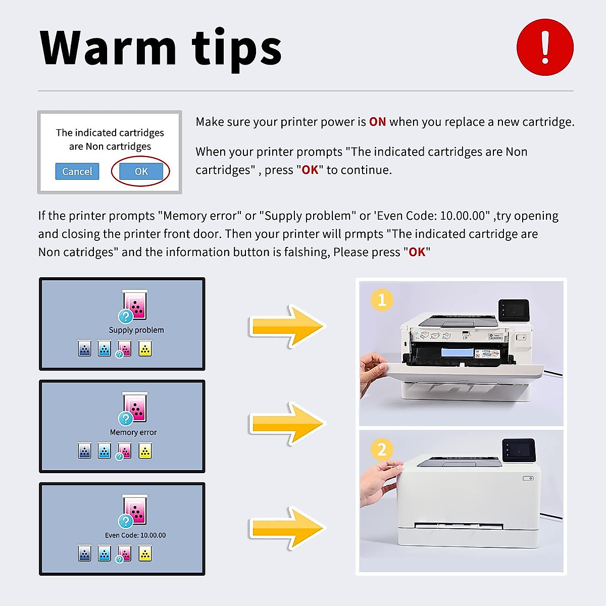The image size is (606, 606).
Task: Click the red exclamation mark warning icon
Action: click(545, 47)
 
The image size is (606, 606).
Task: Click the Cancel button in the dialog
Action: click(77, 172)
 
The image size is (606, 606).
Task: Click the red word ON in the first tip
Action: click(377, 122)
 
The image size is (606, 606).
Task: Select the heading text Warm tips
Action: click(161, 48)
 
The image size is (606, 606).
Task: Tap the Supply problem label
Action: click(136, 330)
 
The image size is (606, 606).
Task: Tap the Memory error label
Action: click(133, 432)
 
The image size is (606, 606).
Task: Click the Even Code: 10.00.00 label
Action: click(135, 535)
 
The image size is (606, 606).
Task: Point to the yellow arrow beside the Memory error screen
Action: click(287, 424)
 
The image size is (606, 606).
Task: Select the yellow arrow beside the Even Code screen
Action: click(287, 528)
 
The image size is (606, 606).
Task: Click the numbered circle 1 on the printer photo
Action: click(382, 300)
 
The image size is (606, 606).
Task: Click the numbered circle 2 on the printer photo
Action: click(382, 449)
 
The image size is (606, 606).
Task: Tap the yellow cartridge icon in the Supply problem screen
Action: click(145, 349)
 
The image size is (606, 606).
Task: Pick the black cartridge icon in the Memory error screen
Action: click(85, 451)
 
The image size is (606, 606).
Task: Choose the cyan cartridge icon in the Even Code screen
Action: click(105, 553)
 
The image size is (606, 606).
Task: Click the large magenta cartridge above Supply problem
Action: click(135, 305)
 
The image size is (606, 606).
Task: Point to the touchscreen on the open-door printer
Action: click(514, 310)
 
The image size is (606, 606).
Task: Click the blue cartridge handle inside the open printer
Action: click(457, 352)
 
